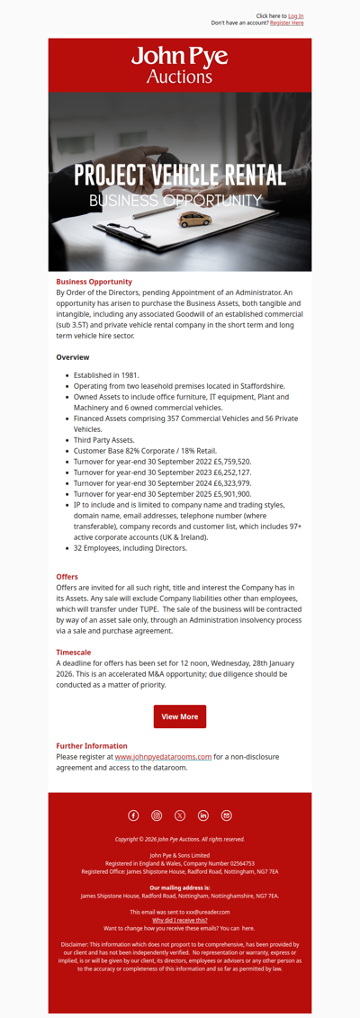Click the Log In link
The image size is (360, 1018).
pyautogui.click(x=295, y=16)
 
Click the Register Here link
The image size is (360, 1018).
pyautogui.click(x=286, y=23)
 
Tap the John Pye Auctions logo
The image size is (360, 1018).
pyautogui.click(x=180, y=65)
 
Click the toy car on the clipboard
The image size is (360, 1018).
pyautogui.click(x=219, y=219)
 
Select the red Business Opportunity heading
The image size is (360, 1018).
pyautogui.click(x=94, y=282)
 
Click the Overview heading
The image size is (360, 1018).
pyautogui.click(x=73, y=357)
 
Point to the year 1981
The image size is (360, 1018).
pyautogui.click(x=129, y=374)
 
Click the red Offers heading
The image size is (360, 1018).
pyautogui.click(x=67, y=577)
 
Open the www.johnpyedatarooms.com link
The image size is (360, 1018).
pyautogui.click(x=163, y=757)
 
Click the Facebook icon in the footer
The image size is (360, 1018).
pyautogui.click(x=133, y=815)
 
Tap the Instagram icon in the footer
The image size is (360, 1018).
pyautogui.click(x=157, y=815)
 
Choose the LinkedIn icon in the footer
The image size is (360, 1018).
pyautogui.click(x=203, y=815)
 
